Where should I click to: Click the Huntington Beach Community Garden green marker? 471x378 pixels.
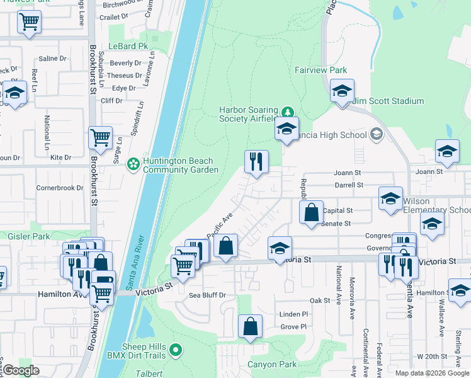point(133,164)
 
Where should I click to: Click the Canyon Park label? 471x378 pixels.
point(271,364)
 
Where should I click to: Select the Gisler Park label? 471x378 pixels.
point(21,236)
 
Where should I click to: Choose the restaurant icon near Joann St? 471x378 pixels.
point(256,162)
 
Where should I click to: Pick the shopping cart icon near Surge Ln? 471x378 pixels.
point(101,137)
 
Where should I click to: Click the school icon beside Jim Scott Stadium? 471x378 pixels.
point(342,91)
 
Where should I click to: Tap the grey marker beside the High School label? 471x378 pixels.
point(377,134)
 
